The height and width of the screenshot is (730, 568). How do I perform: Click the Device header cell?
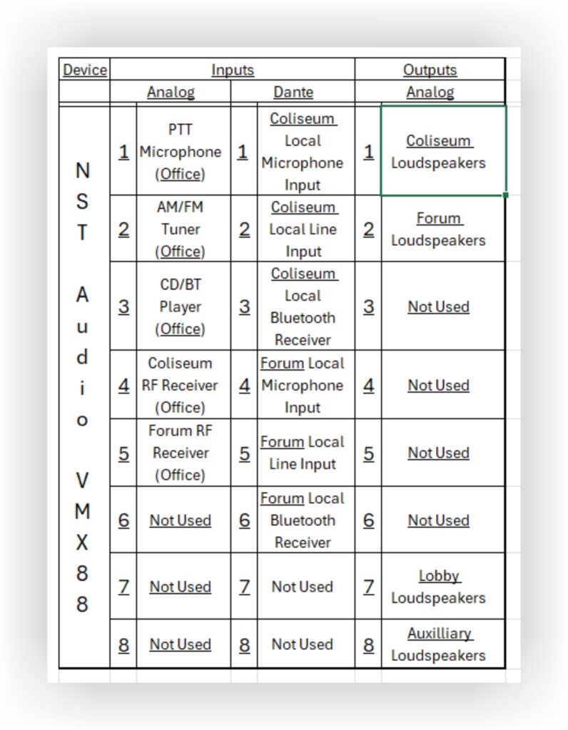(85, 70)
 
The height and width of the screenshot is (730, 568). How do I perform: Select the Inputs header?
(233, 70)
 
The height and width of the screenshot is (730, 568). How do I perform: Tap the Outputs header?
(430, 70)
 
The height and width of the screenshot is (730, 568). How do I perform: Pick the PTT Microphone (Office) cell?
(181, 152)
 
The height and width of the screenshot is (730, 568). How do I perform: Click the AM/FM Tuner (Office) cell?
(181, 229)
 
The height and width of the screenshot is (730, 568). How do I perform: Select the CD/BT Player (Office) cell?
(181, 307)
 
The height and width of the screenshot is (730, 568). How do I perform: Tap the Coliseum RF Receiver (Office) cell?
(181, 385)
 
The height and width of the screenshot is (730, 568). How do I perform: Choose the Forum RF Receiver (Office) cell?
(181, 453)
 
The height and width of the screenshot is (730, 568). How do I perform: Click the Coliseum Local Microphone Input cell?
(303, 152)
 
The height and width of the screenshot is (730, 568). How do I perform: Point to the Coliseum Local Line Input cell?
(303, 229)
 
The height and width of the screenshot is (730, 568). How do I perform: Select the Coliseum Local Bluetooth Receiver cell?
(303, 307)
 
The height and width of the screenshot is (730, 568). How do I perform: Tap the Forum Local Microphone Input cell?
(303, 385)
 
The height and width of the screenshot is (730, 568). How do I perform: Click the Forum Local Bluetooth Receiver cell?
(303, 520)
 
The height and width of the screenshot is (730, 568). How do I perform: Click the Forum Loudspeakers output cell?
(438, 229)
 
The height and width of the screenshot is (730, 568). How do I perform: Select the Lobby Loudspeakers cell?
(438, 587)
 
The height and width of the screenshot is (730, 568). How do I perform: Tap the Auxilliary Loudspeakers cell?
(438, 644)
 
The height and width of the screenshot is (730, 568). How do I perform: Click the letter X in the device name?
(83, 543)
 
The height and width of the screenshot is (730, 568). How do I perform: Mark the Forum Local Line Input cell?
(303, 453)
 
